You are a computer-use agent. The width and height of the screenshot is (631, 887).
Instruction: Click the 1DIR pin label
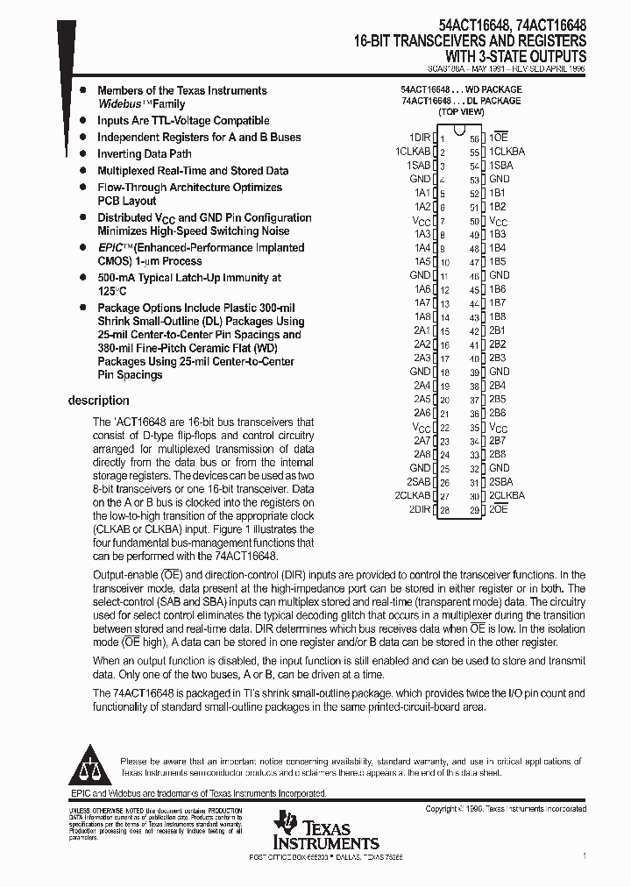coord(420,138)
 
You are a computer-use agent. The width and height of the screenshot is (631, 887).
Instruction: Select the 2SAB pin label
coord(419,481)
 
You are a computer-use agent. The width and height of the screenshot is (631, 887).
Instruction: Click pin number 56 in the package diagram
coord(474,138)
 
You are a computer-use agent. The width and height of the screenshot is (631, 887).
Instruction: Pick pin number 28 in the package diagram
coord(444,509)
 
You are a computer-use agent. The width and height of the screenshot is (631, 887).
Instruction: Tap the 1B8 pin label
coord(497,316)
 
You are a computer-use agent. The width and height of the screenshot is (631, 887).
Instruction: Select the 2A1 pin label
coord(422,330)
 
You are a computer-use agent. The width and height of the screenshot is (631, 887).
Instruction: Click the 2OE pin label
coord(498,509)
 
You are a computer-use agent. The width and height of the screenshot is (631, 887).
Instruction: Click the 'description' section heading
coord(98,401)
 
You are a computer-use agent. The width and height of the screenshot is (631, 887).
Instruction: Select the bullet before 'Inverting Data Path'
coord(82,154)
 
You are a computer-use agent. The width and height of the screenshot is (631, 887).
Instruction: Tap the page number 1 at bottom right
coord(584,855)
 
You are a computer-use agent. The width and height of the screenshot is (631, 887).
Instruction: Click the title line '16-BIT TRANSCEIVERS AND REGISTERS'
coord(471,41)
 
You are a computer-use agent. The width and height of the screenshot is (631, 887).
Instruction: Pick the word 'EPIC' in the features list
coord(110,248)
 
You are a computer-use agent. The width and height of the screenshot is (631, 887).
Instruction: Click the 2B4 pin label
coord(497,386)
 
